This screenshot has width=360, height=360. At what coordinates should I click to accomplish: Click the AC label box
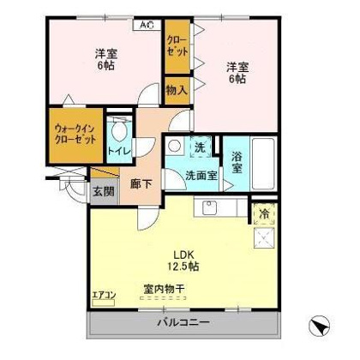click(x=147, y=25)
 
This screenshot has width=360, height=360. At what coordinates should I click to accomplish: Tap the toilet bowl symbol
click(x=119, y=132)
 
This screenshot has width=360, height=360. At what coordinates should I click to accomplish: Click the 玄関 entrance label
click(x=104, y=191)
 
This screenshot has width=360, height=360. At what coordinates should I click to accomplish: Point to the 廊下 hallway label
click(x=141, y=183)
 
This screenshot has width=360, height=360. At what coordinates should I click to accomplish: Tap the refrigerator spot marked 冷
click(x=264, y=214)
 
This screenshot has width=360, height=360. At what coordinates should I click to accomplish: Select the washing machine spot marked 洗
click(x=201, y=147)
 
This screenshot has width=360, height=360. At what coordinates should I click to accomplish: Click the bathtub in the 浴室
click(x=263, y=163)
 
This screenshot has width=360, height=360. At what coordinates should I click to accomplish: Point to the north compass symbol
click(x=319, y=327)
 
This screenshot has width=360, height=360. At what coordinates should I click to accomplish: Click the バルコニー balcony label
click(x=183, y=323)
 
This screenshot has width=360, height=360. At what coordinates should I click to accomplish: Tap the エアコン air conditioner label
click(x=104, y=295)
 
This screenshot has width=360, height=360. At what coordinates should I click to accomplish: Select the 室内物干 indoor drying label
click(x=164, y=290)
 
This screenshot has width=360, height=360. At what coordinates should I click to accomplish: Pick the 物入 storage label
click(x=177, y=91)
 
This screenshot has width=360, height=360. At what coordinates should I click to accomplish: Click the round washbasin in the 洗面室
click(x=174, y=146)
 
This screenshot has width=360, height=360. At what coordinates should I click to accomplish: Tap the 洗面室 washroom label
click(x=201, y=175)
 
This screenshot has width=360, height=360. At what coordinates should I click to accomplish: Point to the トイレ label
click(x=119, y=151)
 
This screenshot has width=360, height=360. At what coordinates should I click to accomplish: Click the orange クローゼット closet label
click(x=177, y=46)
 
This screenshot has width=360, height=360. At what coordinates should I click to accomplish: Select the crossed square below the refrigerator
click(x=264, y=237)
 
